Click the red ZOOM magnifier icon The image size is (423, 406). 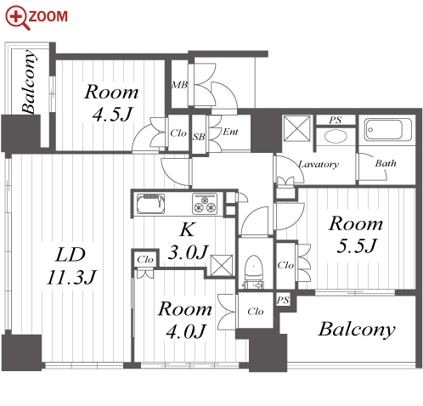tap(18, 18)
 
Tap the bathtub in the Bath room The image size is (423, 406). tap(387, 130)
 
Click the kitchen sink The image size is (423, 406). tap(151, 204)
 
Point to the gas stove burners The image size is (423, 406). tap(205, 204)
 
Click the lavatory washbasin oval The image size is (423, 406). tap(336, 137)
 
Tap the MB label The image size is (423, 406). tap(179, 84)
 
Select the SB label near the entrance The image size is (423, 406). tap(199, 137)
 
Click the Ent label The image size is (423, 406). tap(230, 132)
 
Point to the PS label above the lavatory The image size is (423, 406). tap(336, 120)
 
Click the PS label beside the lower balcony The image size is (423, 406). tap(283, 300)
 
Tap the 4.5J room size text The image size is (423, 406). tap(112, 114)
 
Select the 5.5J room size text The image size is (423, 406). tap(357, 245)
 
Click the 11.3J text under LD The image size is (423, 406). tap(71, 277)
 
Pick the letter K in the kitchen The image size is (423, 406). tap(187, 229)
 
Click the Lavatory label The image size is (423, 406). tap(319, 164)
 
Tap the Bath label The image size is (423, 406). tap(386, 163)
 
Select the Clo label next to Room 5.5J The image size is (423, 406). tap(285, 265)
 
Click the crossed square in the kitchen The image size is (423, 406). tap(222, 265)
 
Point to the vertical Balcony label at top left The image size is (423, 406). tap(29, 82)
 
